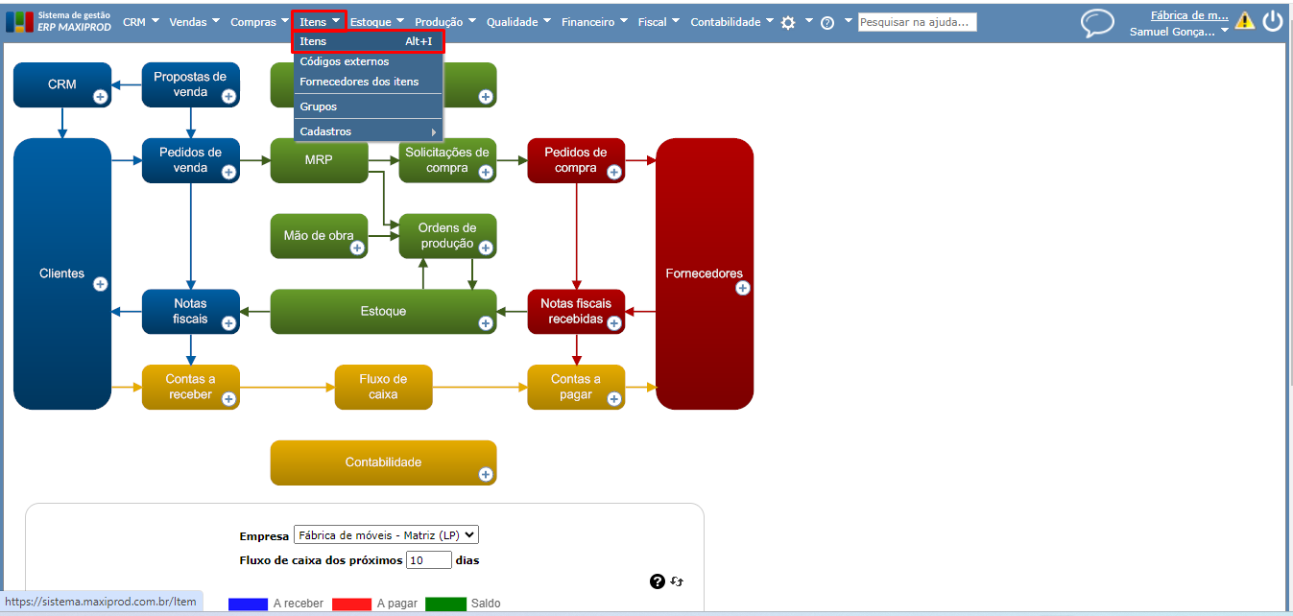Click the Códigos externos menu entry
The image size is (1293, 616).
coord(345,61)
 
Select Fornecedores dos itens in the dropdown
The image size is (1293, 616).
coord(359,82)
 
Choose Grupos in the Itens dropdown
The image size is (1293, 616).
coord(319,107)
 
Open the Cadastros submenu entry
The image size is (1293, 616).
coord(326,131)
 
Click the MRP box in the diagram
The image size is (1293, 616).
coord(319,160)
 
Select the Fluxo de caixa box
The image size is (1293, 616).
coord(383,387)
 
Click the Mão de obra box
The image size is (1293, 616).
coord(319,236)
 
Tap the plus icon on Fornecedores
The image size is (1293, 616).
coord(743,288)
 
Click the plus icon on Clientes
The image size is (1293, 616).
coord(100,284)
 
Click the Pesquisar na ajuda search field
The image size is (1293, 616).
coord(917,22)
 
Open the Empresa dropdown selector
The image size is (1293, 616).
coord(386,535)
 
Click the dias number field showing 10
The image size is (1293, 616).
coord(428,559)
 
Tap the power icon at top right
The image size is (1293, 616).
coord(1273,21)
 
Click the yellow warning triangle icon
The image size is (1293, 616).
coord(1245,20)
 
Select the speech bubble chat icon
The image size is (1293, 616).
coord(1097,23)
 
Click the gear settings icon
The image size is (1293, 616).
coord(788,23)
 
